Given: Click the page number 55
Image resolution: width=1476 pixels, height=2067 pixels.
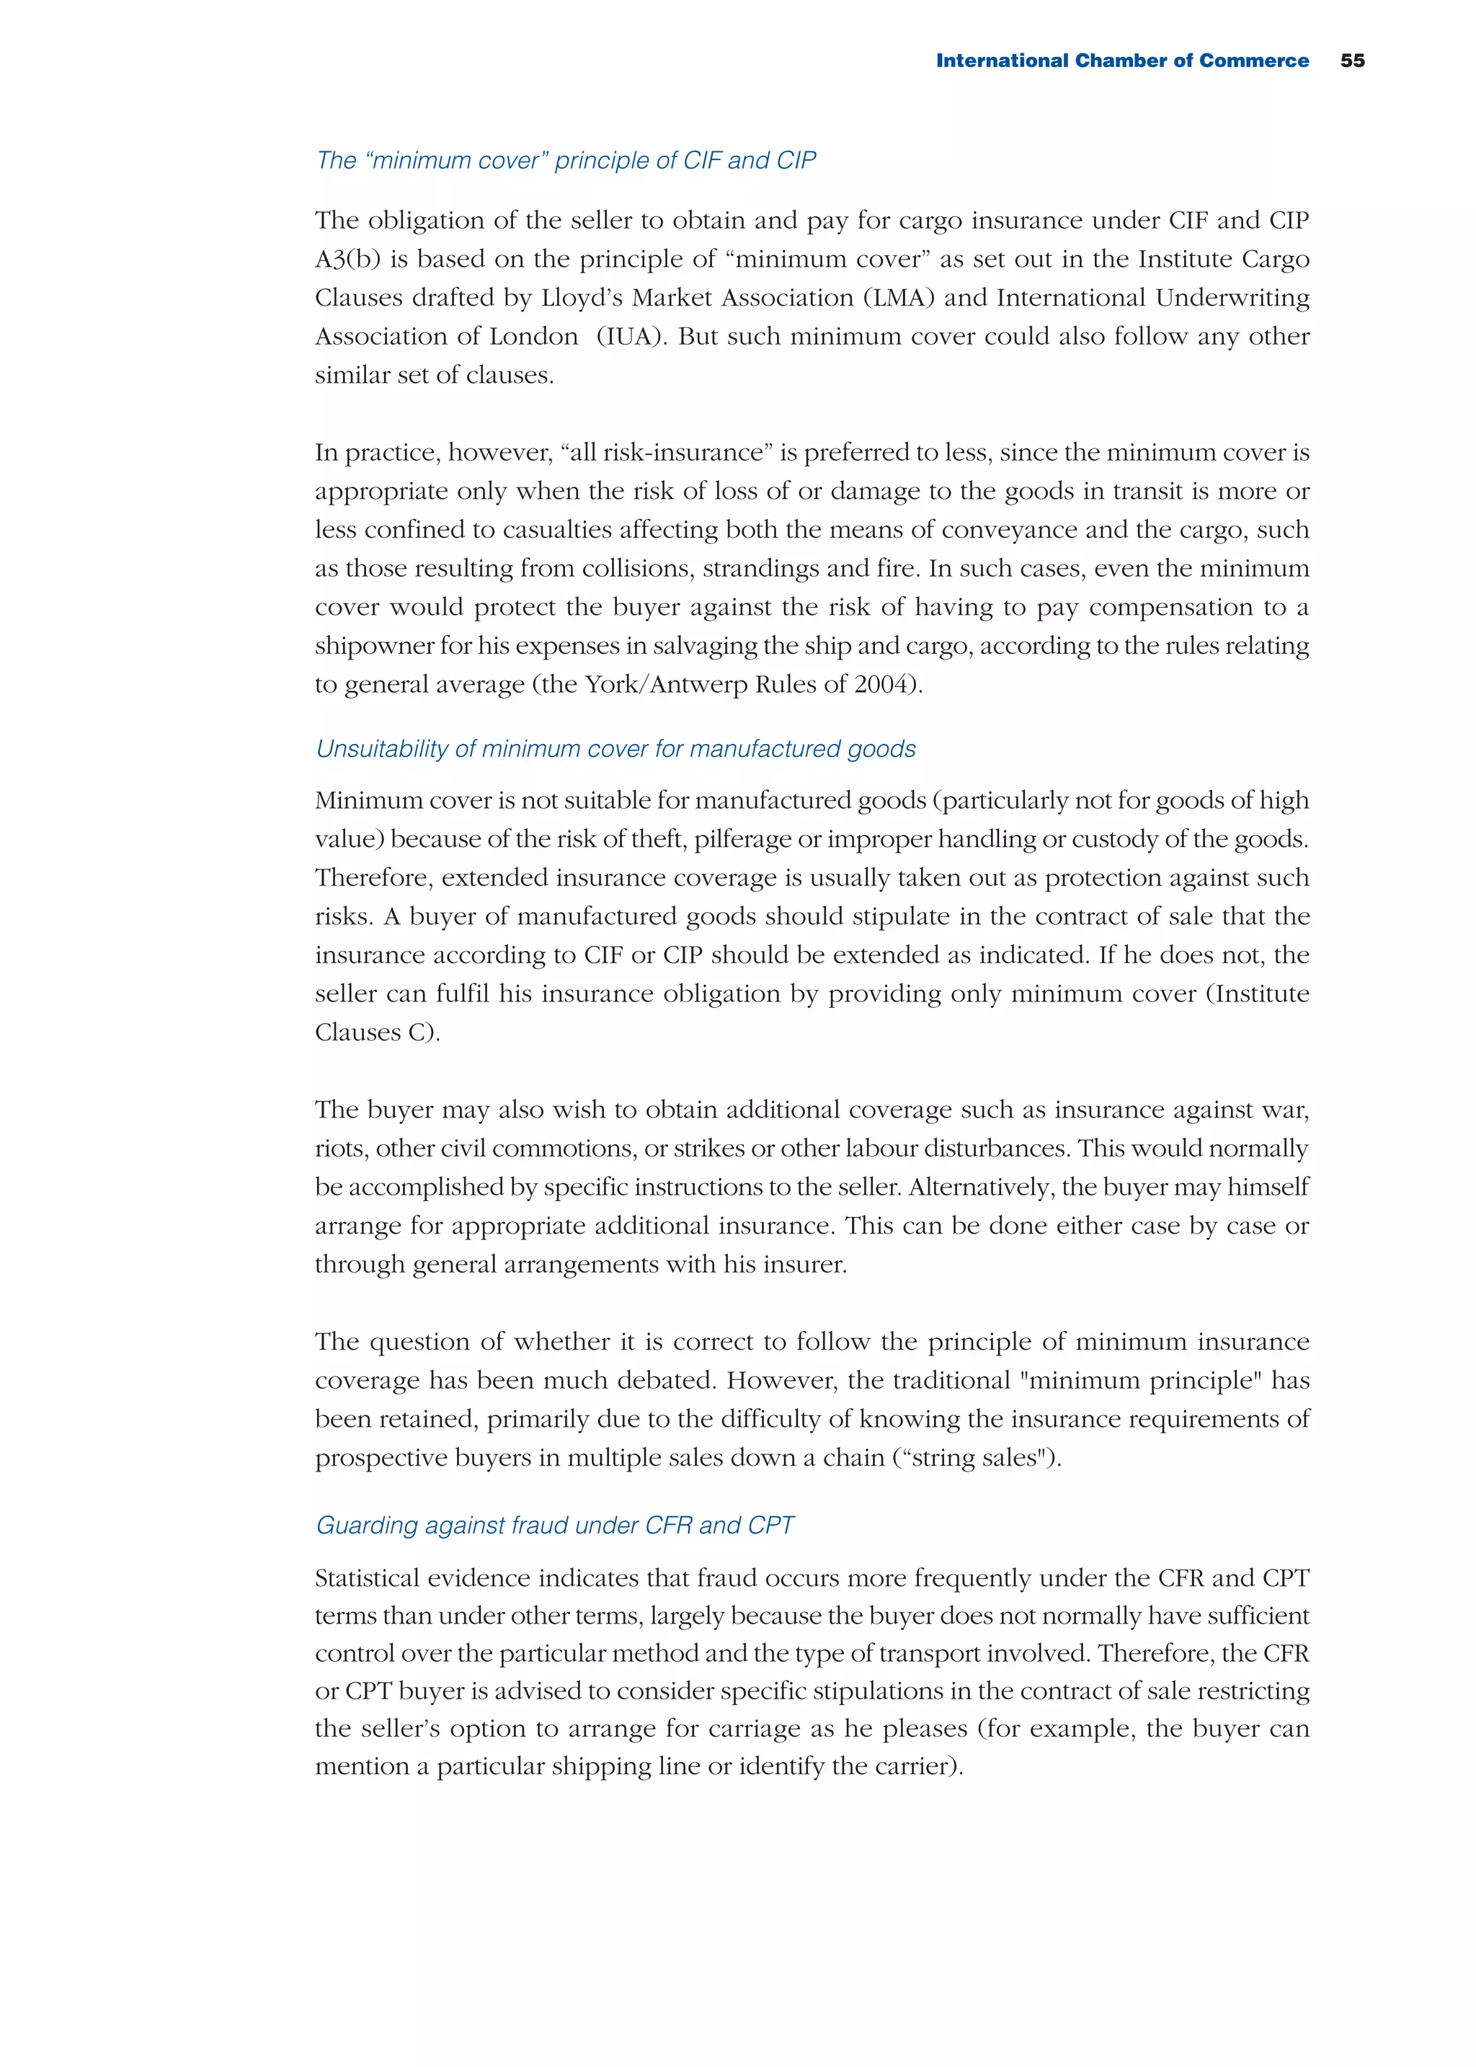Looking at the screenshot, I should tap(1351, 61).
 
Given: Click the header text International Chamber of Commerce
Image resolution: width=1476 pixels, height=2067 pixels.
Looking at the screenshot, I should tap(1121, 61).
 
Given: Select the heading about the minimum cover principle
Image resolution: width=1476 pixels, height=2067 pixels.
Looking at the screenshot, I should tap(565, 160).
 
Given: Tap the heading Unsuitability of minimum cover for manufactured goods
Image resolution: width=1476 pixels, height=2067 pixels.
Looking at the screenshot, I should tap(615, 748).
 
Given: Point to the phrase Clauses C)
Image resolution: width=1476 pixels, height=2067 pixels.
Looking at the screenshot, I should tap(377, 1032).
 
